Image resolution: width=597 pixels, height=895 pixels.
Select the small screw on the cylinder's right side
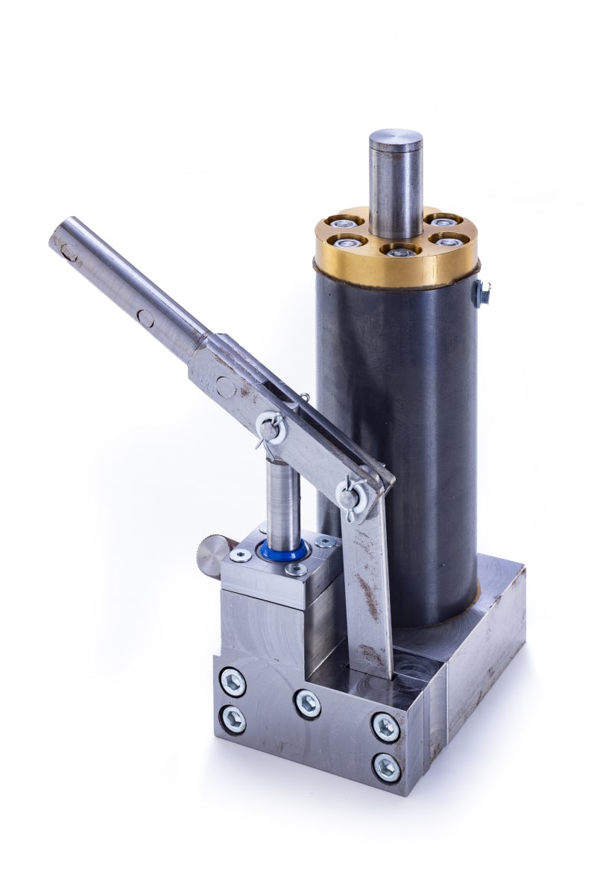[484, 292]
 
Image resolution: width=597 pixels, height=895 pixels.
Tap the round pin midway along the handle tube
[145, 318]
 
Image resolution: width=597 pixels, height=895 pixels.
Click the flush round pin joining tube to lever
[224, 386]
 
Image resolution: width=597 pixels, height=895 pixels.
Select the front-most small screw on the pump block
[297, 570]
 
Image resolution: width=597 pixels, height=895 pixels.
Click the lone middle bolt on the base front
[307, 703]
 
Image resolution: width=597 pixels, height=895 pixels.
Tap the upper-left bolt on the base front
[233, 682]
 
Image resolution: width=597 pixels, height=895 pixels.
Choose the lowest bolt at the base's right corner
[386, 766]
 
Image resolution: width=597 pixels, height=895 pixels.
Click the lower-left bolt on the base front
[233, 720]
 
